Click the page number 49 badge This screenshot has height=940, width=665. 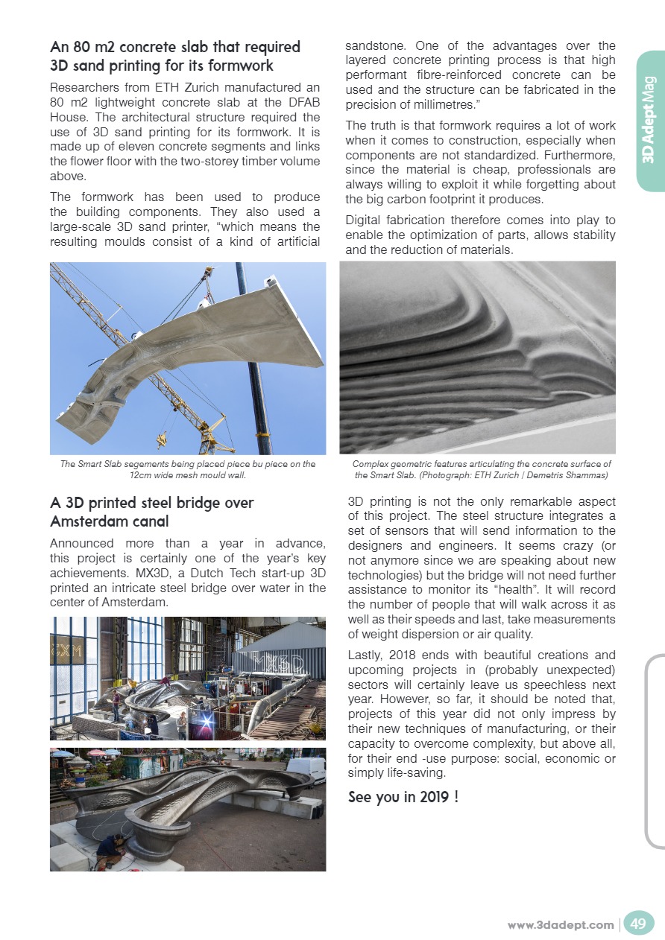click(637, 924)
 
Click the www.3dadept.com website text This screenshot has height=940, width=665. click(561, 924)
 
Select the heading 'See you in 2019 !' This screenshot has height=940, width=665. click(403, 797)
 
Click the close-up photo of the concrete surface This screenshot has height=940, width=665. click(477, 358)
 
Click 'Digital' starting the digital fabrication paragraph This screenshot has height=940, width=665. click(365, 220)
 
